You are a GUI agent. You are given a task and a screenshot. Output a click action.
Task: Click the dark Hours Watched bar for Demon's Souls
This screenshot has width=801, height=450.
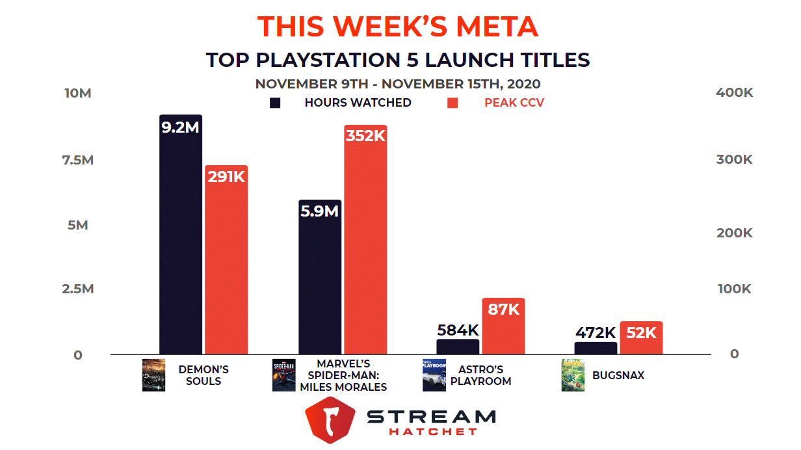pos(180,247)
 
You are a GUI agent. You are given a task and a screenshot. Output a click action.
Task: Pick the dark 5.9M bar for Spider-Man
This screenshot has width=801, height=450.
pos(320,286)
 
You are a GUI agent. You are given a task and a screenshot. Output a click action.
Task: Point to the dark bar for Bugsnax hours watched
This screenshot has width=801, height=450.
pos(596,349)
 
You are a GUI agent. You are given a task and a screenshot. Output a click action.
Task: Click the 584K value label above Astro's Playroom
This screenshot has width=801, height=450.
pos(458,330)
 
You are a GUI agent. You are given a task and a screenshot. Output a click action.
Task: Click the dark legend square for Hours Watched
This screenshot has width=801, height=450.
pos(275,103)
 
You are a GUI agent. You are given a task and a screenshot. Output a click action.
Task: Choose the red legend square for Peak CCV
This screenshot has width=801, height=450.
pos(453,103)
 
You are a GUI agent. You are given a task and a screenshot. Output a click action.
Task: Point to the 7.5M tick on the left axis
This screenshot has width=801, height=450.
pos(78,159)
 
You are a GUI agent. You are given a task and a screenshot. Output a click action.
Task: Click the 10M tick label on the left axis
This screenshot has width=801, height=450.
pos(78,93)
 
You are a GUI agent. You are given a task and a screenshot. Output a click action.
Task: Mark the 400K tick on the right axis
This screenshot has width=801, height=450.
pos(734,93)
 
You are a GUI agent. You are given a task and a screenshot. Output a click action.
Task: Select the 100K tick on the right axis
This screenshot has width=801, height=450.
pos(734,289)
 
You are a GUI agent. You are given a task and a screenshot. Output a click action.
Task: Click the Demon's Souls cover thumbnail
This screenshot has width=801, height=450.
pos(153,375)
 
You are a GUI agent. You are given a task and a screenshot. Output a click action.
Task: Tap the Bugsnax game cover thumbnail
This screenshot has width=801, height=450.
pos(572,375)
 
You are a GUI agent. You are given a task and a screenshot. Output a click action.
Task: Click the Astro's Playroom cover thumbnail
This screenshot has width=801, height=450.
pos(434,375)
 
